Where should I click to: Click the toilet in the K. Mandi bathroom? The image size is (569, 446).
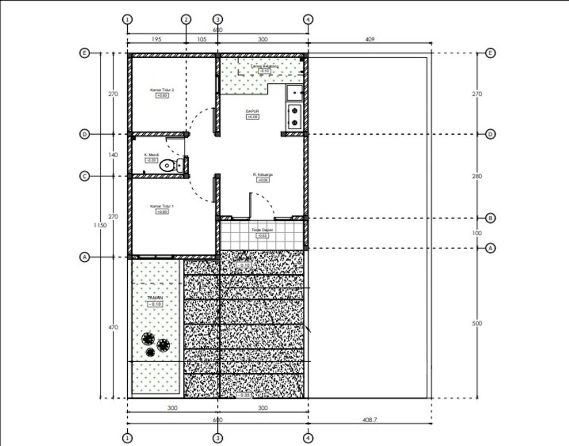(167, 165)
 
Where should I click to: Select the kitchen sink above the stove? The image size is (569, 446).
(293, 93)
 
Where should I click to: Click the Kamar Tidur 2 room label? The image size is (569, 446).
(162, 89)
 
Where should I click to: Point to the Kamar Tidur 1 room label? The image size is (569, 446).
(162, 206)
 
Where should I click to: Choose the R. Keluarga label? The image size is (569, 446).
(262, 174)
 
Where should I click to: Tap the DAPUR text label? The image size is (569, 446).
(252, 111)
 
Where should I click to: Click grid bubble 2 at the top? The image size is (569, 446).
(186, 19)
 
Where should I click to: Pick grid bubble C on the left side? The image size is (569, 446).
(84, 176)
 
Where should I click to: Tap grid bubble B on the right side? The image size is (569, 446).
(490, 218)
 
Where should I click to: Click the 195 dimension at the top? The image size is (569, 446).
(156, 39)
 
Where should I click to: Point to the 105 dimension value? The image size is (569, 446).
(201, 39)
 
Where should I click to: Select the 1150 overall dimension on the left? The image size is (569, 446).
(100, 225)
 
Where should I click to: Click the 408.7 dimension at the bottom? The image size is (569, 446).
(370, 420)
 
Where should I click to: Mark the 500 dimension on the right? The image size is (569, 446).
(477, 323)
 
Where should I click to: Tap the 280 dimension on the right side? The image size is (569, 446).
(477, 176)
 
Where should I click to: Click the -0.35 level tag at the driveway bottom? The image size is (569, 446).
(243, 395)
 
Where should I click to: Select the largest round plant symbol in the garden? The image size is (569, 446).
(148, 339)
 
